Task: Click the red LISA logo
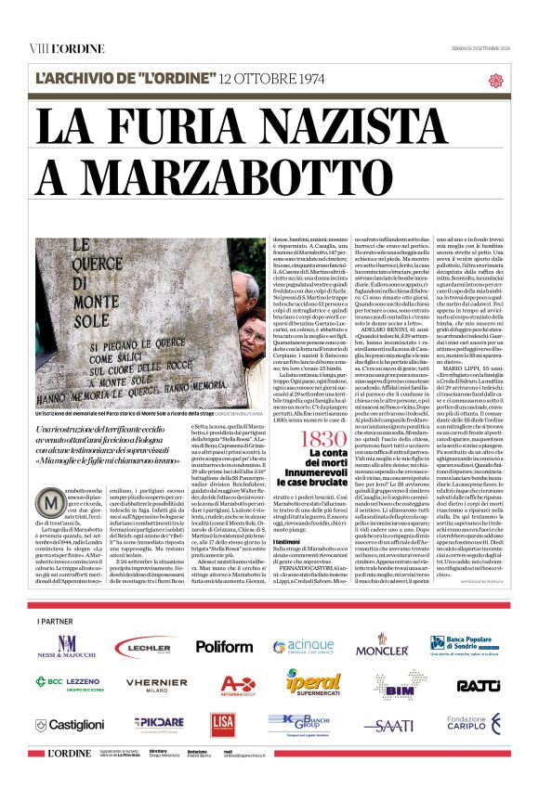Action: point(223,724)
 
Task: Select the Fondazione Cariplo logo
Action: point(474,723)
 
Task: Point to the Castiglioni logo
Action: point(64,724)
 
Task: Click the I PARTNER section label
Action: point(54,620)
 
